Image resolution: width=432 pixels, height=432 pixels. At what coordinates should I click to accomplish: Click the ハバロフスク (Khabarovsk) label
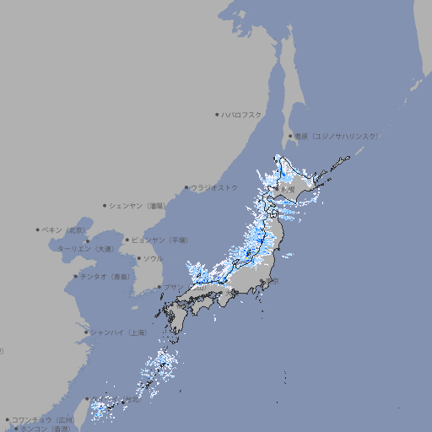(x=242, y=114)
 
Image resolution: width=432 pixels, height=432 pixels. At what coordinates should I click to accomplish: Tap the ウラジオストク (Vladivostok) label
(x=214, y=187)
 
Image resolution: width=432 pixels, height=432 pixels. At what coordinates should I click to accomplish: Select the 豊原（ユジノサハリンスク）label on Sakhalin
(x=336, y=136)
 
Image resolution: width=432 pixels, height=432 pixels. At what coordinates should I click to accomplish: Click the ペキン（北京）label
(x=64, y=229)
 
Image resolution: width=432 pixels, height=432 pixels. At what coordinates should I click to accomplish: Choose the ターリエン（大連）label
(x=84, y=249)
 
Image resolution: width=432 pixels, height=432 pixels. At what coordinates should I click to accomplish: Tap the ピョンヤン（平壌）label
(x=159, y=240)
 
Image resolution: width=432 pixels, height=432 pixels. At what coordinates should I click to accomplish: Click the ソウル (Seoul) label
(x=153, y=258)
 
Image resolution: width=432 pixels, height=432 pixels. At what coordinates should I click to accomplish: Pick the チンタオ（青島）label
(x=105, y=276)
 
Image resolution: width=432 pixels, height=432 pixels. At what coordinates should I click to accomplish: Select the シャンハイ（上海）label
(x=118, y=332)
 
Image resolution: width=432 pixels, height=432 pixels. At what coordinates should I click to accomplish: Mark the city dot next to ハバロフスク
(x=217, y=114)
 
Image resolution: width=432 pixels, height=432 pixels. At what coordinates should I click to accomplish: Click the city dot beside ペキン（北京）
(x=38, y=229)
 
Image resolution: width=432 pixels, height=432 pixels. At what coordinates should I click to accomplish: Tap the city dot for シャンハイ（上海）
(x=86, y=332)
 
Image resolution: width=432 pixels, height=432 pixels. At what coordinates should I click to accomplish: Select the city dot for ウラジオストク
(x=186, y=187)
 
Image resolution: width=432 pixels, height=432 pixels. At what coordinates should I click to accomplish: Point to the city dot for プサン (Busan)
(x=159, y=288)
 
